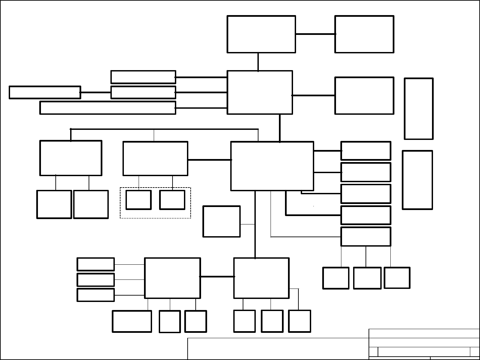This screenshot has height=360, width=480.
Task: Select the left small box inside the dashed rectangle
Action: click(x=138, y=200)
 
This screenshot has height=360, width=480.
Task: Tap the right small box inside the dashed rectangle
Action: click(x=172, y=200)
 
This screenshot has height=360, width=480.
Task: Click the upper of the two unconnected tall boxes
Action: click(x=419, y=109)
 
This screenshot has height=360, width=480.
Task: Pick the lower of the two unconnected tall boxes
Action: click(x=417, y=180)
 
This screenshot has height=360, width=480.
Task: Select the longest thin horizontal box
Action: click(x=108, y=108)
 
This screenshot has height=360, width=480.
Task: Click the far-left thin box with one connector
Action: click(x=45, y=92)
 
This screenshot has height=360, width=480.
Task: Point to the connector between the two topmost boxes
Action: click(x=315, y=34)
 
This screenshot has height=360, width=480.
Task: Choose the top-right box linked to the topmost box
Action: click(x=364, y=34)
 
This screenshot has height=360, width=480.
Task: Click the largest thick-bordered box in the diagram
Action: click(x=272, y=166)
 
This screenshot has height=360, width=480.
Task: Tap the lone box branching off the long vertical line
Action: click(x=222, y=221)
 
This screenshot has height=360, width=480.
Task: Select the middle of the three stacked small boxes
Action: click(x=96, y=279)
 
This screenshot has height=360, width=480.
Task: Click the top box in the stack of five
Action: click(x=366, y=151)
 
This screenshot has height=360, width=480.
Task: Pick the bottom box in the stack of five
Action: click(x=366, y=237)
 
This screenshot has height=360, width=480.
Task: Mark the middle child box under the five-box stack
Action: click(x=367, y=278)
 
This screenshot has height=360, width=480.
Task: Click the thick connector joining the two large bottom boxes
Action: click(x=217, y=277)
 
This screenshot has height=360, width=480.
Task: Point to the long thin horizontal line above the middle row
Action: click(x=164, y=129)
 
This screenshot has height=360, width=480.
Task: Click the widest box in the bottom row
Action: click(x=132, y=321)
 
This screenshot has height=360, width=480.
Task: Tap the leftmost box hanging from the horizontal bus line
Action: click(x=71, y=158)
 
